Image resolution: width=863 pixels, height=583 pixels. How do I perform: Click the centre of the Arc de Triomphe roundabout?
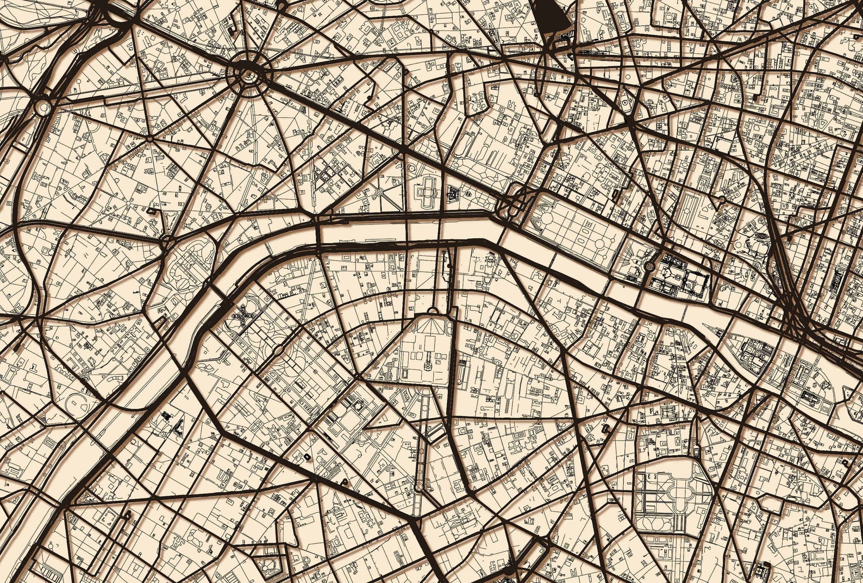(x=248, y=74)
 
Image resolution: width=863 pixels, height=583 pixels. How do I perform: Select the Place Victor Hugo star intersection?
(x=149, y=139)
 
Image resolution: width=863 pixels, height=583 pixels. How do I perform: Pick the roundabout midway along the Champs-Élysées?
(x=379, y=192)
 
